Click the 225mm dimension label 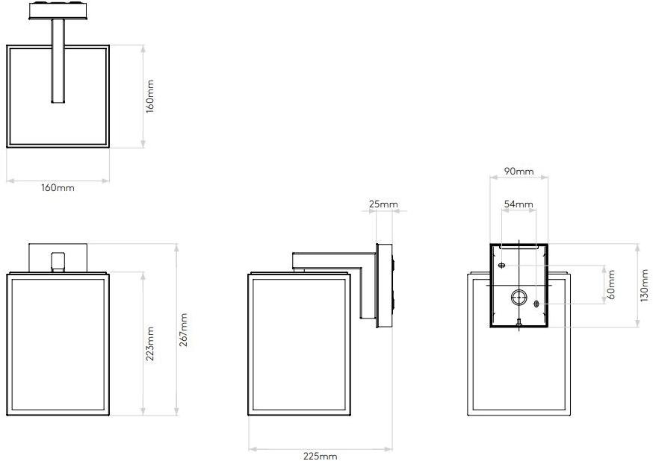pyautogui.click(x=320, y=456)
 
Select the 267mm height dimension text pyautogui.click(x=183, y=330)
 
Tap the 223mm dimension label pyautogui.click(x=150, y=344)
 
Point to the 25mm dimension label pyautogui.click(x=383, y=204)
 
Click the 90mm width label pyautogui.click(x=519, y=172)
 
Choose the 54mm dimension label pyautogui.click(x=519, y=204)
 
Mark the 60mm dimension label pyautogui.click(x=611, y=285)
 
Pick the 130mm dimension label pyautogui.click(x=644, y=285)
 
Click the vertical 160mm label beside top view pyautogui.click(x=150, y=96)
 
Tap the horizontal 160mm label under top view pyautogui.click(x=58, y=188)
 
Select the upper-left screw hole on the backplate pyautogui.click(x=502, y=265)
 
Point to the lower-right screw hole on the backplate pyautogui.click(x=536, y=304)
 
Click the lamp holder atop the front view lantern pyautogui.click(x=58, y=262)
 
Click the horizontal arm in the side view pyautogui.click(x=329, y=260)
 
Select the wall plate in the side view pyautogui.click(x=384, y=285)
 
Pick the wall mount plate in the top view pyautogui.click(x=58, y=10)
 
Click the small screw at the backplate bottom pyautogui.click(x=519, y=322)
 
